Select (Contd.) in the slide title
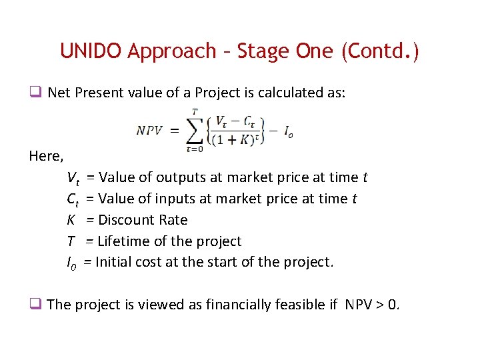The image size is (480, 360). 379,51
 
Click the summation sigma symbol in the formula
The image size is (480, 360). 194,129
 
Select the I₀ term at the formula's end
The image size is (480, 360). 288,133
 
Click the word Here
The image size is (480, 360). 46,157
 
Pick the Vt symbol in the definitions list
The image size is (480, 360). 73,178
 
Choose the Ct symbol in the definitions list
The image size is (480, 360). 73,199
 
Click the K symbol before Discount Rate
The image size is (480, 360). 71,220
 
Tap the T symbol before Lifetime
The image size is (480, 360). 71,241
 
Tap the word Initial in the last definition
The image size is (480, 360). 116,262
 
